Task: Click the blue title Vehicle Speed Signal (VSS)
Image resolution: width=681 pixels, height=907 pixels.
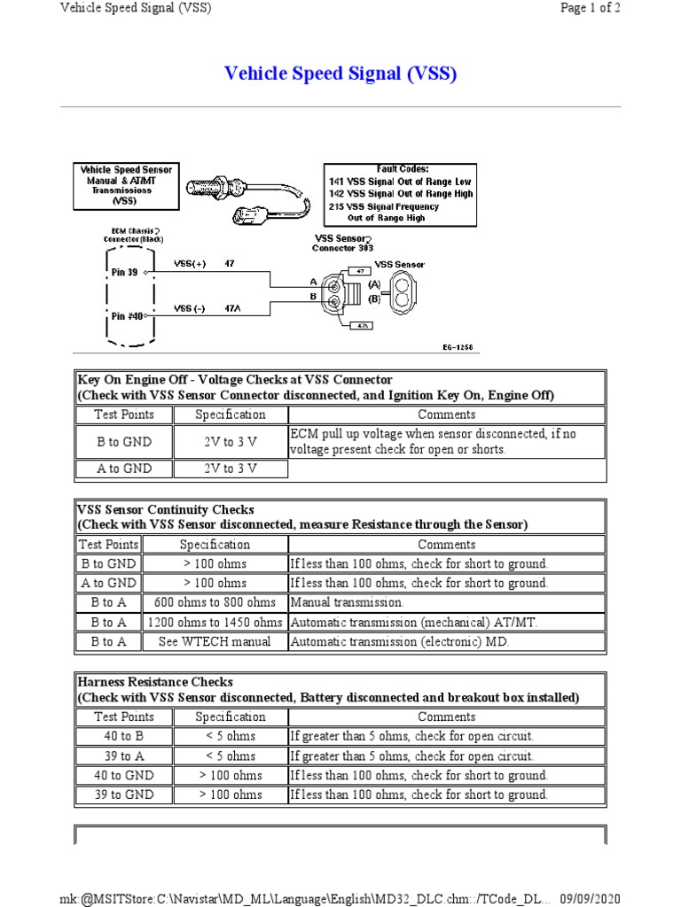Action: click(340, 74)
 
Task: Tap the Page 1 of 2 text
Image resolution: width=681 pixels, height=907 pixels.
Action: click(590, 9)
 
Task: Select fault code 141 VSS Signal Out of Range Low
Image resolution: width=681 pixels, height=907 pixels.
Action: click(400, 181)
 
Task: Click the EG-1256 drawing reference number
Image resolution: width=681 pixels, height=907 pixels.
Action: click(459, 348)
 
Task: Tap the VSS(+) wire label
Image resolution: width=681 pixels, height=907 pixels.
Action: click(188, 264)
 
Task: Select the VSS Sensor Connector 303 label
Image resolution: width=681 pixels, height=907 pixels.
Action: click(342, 244)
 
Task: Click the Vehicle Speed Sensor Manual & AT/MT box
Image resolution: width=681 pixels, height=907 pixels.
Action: click(126, 184)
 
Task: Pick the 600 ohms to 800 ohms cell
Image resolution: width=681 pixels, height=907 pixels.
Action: click(215, 602)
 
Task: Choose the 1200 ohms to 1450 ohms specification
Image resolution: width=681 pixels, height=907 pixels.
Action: click(215, 622)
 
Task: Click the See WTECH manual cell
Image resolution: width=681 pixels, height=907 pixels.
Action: click(215, 641)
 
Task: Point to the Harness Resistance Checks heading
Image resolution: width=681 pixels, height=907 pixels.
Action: click(156, 682)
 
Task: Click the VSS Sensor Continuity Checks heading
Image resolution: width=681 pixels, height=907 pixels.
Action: click(166, 510)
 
